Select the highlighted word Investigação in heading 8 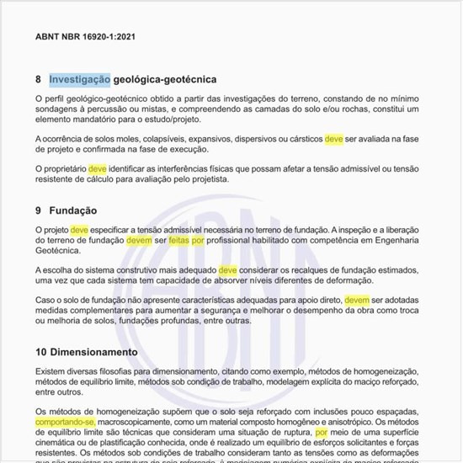[x=80, y=80]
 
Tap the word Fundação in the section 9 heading [x=74, y=210]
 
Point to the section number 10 [x=41, y=351]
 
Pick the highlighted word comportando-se [x=66, y=422]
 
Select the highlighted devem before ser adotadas [x=357, y=300]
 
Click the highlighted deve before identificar [x=98, y=168]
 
